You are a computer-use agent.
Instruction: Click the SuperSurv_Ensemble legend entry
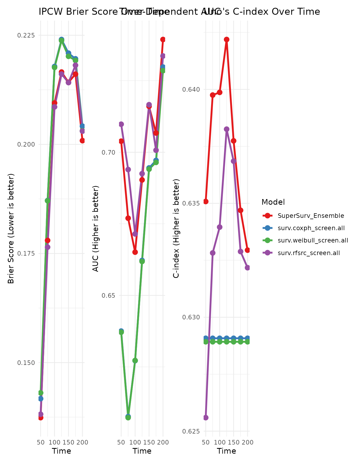pos(311,216)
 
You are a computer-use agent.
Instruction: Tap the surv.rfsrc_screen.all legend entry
pos(309,253)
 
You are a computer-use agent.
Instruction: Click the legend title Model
pos(273,202)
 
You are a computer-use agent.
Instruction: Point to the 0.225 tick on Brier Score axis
pos(26,35)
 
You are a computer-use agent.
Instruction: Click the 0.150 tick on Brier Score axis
pos(26,363)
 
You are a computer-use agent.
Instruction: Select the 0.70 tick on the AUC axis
pos(108,152)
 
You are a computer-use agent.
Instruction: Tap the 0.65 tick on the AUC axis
pos(108,295)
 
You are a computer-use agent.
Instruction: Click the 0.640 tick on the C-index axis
pos(191,89)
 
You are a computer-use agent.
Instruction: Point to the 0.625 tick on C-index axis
pos(191,431)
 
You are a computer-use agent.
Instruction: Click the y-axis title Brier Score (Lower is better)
pos(11,229)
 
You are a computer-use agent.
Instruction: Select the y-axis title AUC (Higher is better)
pos(96,229)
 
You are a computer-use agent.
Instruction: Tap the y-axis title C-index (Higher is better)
pos(176,229)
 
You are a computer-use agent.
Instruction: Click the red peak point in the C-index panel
pos(227,40)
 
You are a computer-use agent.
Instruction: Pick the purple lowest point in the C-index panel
pos(206,418)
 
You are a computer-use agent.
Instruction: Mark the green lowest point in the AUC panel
pos(128,417)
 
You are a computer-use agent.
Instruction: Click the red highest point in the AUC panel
pos(163,39)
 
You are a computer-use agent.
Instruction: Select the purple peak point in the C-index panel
pos(227,129)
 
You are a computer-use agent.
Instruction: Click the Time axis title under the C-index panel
pos(226,451)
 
